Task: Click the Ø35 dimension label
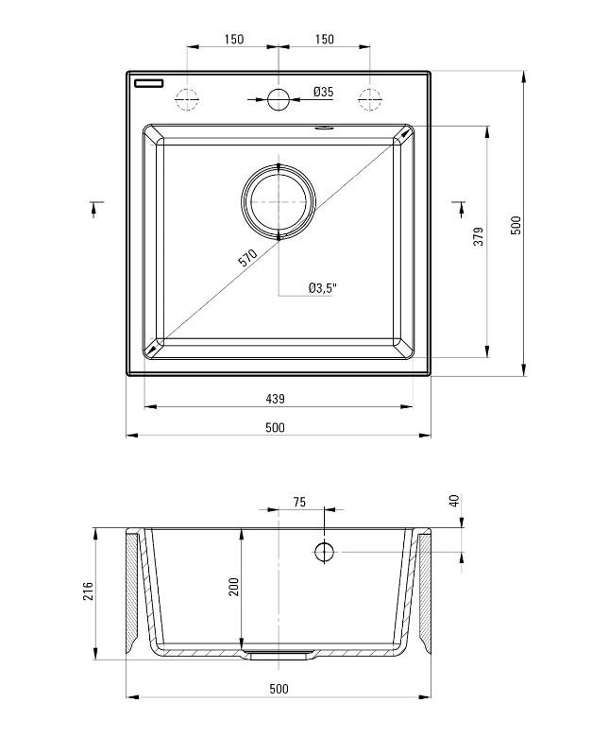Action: pos(323,92)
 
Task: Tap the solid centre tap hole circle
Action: pos(279,97)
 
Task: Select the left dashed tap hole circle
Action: pos(187,97)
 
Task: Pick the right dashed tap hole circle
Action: pos(369,97)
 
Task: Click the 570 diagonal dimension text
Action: pos(247,259)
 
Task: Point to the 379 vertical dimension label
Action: pos(479,236)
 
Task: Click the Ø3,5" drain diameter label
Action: pos(322,289)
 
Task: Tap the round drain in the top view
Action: pos(279,201)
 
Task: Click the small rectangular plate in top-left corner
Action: pos(149,82)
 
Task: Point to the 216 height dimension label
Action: pos(88,591)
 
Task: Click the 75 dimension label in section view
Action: pos(298,503)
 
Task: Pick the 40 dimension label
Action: pos(454,500)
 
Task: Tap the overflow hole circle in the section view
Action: pos(324,551)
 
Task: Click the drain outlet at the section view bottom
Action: pos(279,652)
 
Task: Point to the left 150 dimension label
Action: pos(233,39)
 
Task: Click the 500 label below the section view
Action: pos(279,689)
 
